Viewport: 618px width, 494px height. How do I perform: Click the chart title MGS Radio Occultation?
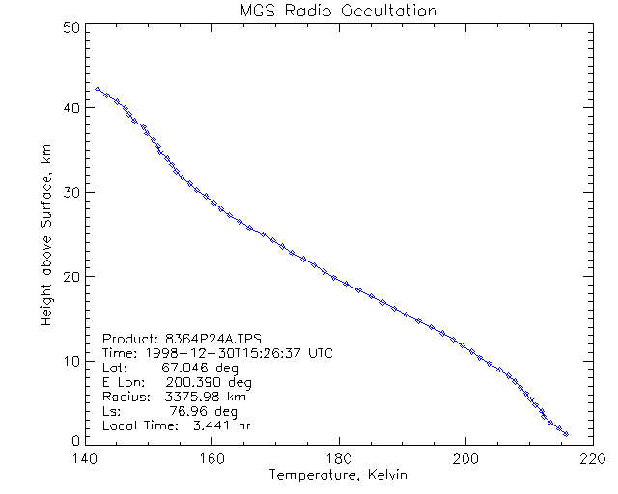click(x=338, y=11)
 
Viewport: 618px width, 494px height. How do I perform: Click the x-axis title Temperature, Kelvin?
click(x=338, y=476)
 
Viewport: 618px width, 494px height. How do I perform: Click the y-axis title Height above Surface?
click(x=45, y=231)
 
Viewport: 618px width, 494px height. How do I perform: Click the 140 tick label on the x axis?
click(x=84, y=459)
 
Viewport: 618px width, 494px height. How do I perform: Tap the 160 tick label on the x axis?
click(x=211, y=459)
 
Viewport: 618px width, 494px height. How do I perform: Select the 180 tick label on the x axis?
click(x=339, y=459)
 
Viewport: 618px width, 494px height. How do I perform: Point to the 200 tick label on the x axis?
click(x=466, y=459)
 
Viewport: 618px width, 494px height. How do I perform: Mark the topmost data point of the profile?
click(x=98, y=89)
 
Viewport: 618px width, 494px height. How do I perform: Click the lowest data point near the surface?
click(x=566, y=434)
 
